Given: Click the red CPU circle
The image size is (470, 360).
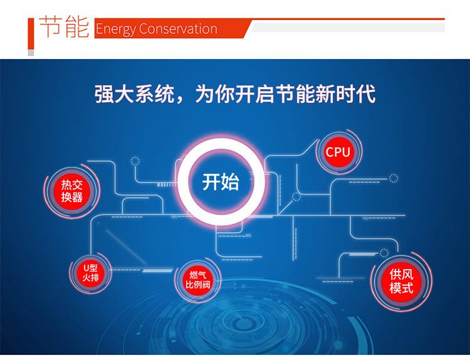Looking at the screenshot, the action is point(338,152).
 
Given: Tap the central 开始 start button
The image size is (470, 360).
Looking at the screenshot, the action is point(221,182).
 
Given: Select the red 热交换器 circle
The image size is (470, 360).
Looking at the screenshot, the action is point(72,191).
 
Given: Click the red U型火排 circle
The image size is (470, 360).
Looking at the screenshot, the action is point(90,273).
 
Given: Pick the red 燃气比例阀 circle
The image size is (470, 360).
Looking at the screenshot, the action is point(197,280).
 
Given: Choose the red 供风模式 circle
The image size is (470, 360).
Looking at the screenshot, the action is point(401,282).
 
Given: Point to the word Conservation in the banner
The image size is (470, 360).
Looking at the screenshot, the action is point(178,29).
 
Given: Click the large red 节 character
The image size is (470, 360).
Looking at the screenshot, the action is point(50,26).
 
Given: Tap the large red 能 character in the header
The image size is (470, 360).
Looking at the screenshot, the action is point(77,27).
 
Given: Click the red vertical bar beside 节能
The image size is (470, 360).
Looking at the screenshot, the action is point(31,34).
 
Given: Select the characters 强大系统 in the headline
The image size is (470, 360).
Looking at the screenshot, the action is point(134,94).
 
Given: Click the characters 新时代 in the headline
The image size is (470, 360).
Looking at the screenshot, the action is point(345,94).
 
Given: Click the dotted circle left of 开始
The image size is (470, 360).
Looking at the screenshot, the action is point(135,161).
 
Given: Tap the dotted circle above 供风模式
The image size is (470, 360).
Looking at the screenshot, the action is point(384,253).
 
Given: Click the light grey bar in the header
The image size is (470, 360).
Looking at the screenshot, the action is point(348,28).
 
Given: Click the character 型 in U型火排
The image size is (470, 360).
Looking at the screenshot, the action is point(93,268).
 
